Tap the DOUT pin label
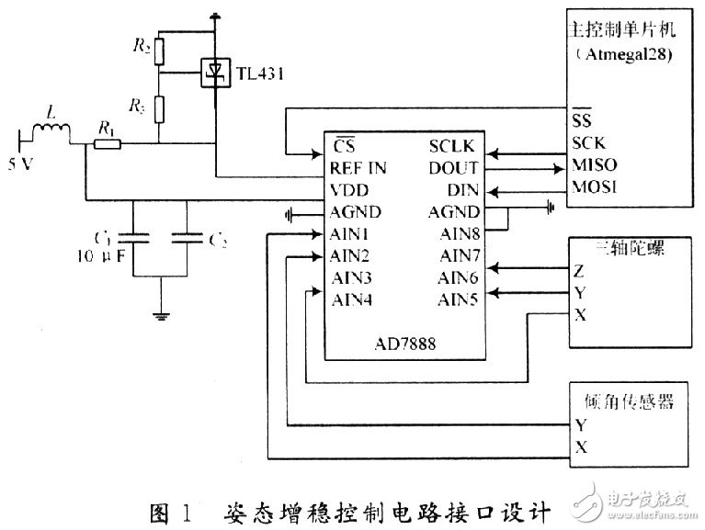(x=452, y=168)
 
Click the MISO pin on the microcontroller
(x=594, y=166)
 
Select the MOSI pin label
(x=594, y=187)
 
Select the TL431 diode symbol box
(x=214, y=69)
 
